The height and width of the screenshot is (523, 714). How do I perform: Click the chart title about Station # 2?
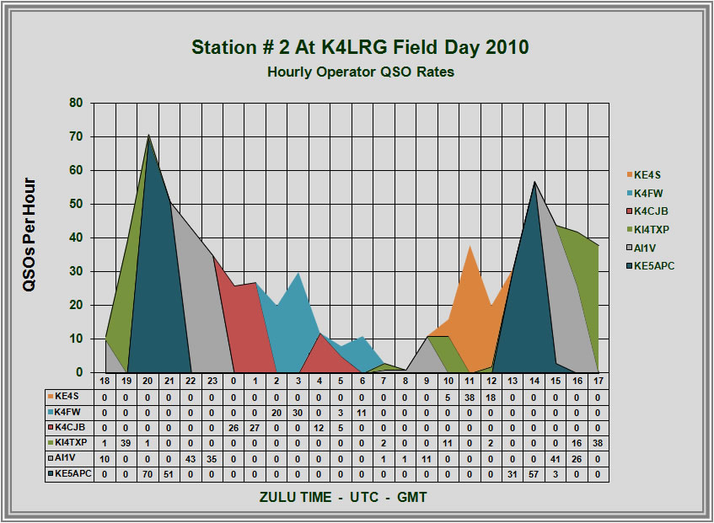(x=360, y=47)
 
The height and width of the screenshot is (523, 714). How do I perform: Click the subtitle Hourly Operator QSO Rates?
(x=360, y=72)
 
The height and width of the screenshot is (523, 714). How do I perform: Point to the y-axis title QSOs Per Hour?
(x=30, y=235)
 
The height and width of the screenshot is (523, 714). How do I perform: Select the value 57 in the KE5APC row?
(x=534, y=475)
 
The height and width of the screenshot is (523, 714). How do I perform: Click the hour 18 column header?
(x=105, y=381)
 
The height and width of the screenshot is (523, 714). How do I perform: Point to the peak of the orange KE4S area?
(x=470, y=245)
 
